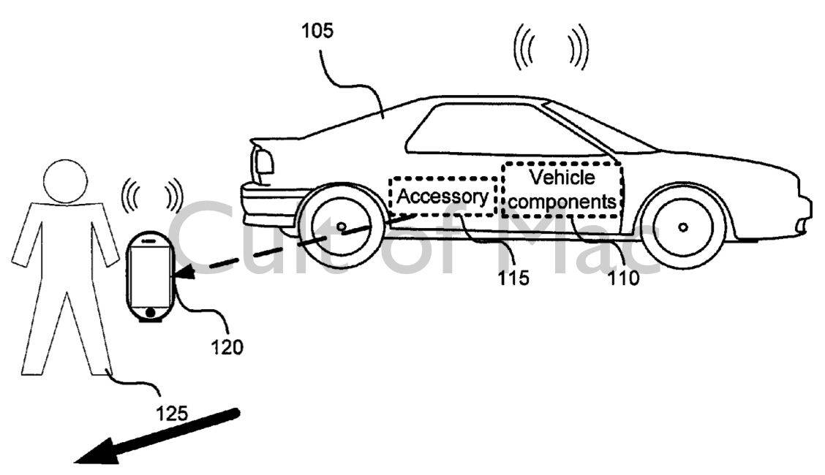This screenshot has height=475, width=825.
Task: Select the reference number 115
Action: tap(512, 278)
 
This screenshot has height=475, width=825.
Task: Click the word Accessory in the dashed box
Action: tap(442, 197)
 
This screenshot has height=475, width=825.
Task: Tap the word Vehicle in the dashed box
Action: tap(562, 177)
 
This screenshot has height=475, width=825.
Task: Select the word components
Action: tap(562, 200)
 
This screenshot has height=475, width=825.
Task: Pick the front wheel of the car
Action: tap(682, 226)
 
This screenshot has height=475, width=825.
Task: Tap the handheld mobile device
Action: tap(150, 275)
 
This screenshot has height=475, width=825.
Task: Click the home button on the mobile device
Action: tap(150, 313)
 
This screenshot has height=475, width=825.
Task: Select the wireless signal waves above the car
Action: tap(550, 47)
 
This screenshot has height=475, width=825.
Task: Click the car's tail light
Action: tap(263, 161)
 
